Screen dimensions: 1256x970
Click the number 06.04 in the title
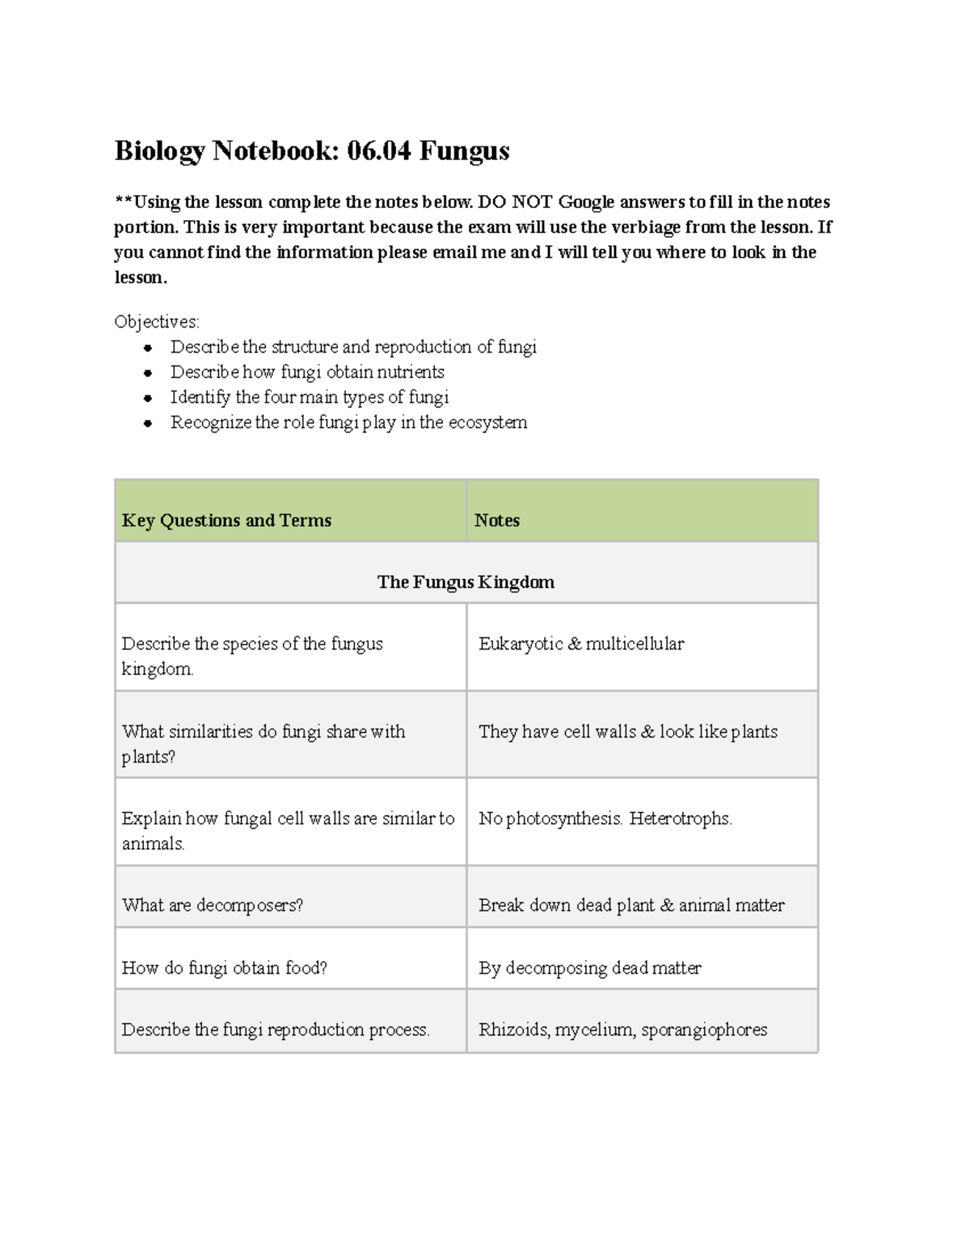tap(378, 151)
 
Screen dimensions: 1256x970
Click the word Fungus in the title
tap(464, 151)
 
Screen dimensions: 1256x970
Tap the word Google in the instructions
tap(586, 202)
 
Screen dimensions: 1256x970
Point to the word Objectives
tap(156, 322)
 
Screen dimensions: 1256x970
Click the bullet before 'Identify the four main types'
tap(148, 398)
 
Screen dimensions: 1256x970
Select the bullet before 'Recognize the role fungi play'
tap(148, 423)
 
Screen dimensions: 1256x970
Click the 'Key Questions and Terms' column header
tap(226, 521)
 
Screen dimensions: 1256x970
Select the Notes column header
tap(496, 521)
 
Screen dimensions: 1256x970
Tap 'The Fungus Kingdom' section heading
tap(466, 582)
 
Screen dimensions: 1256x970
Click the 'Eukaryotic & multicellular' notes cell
tap(581, 644)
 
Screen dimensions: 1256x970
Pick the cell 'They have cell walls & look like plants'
tap(628, 732)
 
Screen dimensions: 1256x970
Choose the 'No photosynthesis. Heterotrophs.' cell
tap(605, 818)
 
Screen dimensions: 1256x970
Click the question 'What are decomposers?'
tap(213, 906)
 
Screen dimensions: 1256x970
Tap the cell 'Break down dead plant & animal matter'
tap(631, 906)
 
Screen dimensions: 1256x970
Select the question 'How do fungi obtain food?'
tap(224, 968)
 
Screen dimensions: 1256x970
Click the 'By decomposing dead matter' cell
tap(590, 968)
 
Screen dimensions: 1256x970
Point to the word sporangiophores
tap(704, 1030)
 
